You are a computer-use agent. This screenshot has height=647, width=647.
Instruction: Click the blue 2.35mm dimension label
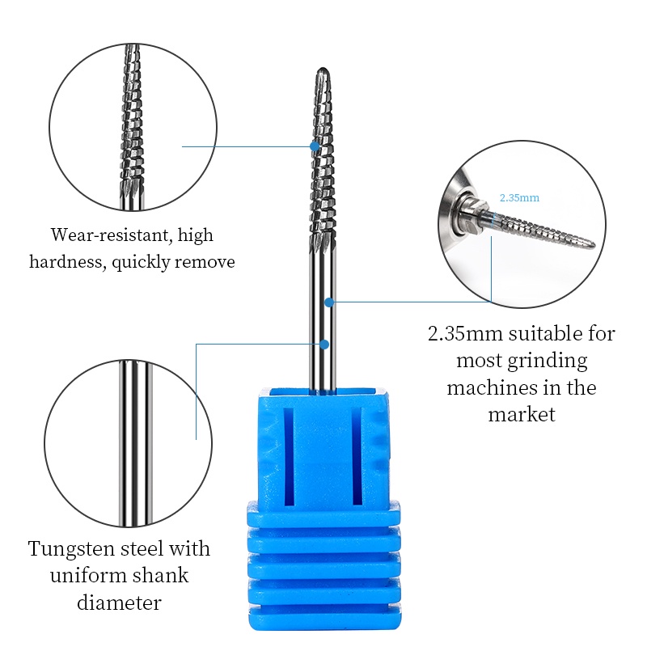click(x=519, y=197)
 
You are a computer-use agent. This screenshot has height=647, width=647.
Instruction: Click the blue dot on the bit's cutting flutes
click(x=315, y=146)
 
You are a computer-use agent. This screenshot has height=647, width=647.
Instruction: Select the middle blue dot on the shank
click(x=329, y=302)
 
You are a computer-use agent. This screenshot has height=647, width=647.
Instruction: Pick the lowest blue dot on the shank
click(x=324, y=345)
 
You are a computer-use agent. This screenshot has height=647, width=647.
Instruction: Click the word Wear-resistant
click(x=110, y=235)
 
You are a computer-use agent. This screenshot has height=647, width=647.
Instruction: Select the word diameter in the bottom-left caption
click(x=119, y=603)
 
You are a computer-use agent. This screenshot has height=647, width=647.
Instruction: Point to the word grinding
click(x=548, y=361)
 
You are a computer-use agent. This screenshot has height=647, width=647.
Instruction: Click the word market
click(x=522, y=414)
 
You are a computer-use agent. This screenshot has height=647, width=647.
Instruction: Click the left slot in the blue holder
click(x=288, y=457)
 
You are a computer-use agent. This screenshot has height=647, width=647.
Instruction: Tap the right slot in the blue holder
click(x=357, y=456)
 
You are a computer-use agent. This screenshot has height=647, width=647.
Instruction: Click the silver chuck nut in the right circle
click(x=471, y=214)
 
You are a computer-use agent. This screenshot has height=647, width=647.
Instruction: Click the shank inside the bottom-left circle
click(x=136, y=443)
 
